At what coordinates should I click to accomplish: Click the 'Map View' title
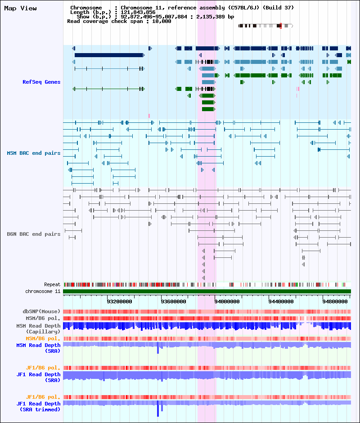pyautogui.click(x=20, y=9)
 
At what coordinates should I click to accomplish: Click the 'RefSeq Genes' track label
pyautogui.click(x=41, y=82)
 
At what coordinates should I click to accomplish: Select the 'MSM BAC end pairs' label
pyautogui.click(x=34, y=153)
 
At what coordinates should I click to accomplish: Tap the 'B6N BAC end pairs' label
pyautogui.click(x=34, y=234)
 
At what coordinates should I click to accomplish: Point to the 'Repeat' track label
pyautogui.click(x=52, y=284)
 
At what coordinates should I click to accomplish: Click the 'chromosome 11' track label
pyautogui.click(x=43, y=291)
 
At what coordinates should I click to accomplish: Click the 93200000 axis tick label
pyautogui.click(x=119, y=301)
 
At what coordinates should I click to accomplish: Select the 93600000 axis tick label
pyautogui.click(x=173, y=301)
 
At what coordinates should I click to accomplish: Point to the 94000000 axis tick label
pyautogui.click(x=227, y=301)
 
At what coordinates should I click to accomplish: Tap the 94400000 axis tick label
pyautogui.click(x=281, y=301)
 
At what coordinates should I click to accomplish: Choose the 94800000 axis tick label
pyautogui.click(x=335, y=301)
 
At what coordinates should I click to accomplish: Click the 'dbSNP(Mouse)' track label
pyautogui.click(x=41, y=311)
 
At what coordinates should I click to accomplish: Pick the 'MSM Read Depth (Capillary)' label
pyautogui.click(x=38, y=329)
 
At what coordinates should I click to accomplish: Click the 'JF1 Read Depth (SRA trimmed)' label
pyautogui.click(x=38, y=406)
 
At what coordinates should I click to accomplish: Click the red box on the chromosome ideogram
pyautogui.click(x=281, y=26)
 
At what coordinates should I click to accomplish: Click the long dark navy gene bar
pyautogui.click(x=108, y=55)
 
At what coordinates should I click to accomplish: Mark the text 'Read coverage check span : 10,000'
pyautogui.click(x=119, y=21)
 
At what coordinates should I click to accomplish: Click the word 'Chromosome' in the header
pyautogui.click(x=86, y=8)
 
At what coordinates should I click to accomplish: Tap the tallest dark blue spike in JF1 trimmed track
pyautogui.click(x=158, y=409)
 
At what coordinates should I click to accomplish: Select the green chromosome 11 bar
pyautogui.click(x=207, y=291)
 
